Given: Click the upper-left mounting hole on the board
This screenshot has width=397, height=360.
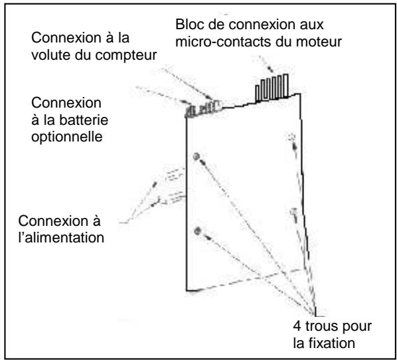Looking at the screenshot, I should click(x=197, y=157).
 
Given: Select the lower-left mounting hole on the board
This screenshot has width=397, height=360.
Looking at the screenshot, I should click(x=197, y=230).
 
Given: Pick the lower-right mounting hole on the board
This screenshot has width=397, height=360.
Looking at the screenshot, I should click(x=293, y=212).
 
